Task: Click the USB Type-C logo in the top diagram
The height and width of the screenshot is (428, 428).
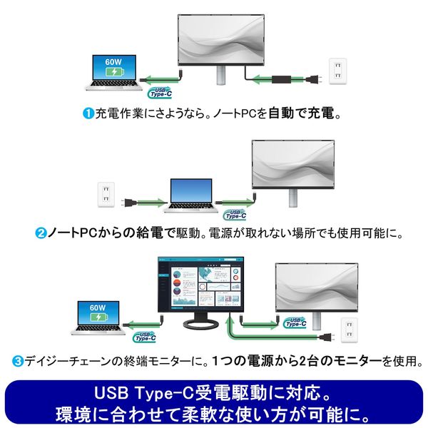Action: (159, 91)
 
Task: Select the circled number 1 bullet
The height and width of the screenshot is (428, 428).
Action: (88, 113)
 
